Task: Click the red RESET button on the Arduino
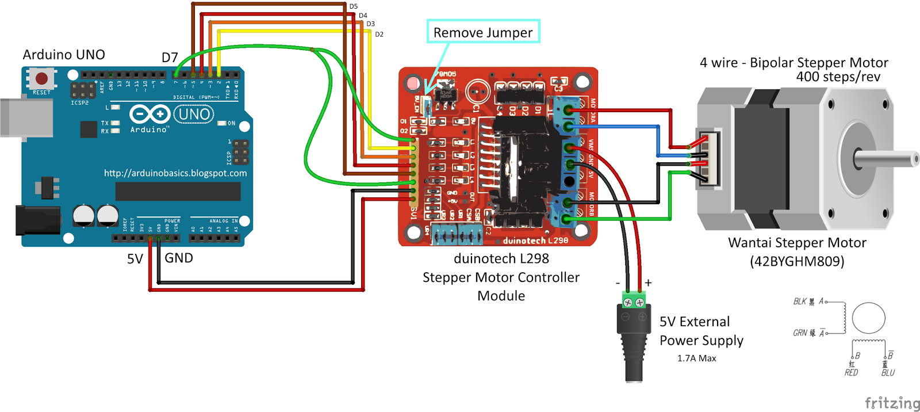point(41,78)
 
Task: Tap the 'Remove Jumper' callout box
point(483,32)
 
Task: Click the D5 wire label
point(353,6)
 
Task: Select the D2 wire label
point(379,35)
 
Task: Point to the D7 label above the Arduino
point(170,58)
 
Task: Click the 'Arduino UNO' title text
point(64,55)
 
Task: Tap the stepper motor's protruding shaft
point(888,159)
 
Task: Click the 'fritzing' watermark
point(892,403)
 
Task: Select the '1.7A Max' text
point(696,358)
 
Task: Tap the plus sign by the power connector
point(648,283)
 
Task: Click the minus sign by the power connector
point(618,283)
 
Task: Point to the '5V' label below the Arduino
point(135,259)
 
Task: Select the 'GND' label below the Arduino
point(179,258)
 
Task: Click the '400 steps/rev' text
point(838,77)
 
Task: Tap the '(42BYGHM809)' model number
point(797,261)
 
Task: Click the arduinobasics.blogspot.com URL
point(175,173)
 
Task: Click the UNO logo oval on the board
point(194,114)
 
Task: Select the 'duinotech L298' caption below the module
point(501,258)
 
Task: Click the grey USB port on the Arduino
point(26,118)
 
